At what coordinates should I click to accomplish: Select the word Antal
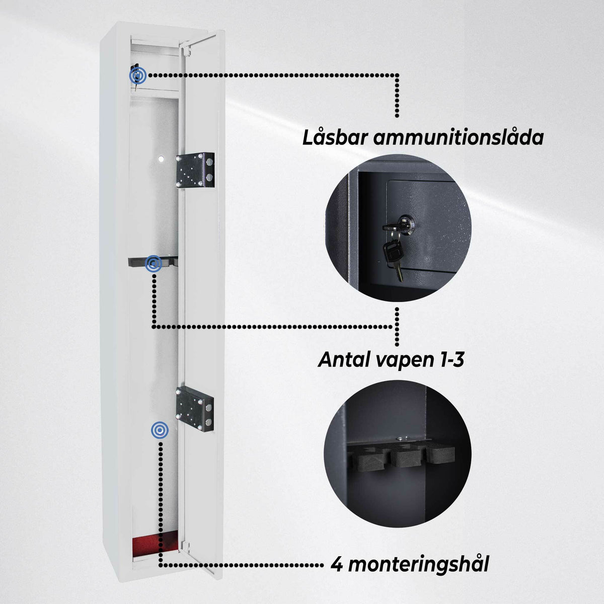[x=344, y=359]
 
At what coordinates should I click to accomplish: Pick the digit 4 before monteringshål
[x=337, y=564]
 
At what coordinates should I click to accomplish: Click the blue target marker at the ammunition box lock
[x=138, y=75]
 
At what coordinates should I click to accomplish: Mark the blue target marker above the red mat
[x=160, y=430]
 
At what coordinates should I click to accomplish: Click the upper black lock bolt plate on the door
[x=195, y=170]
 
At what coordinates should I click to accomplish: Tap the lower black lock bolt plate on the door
[x=195, y=409]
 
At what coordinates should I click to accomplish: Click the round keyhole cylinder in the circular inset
[x=408, y=222]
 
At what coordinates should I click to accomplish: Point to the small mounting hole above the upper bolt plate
[x=161, y=159]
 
